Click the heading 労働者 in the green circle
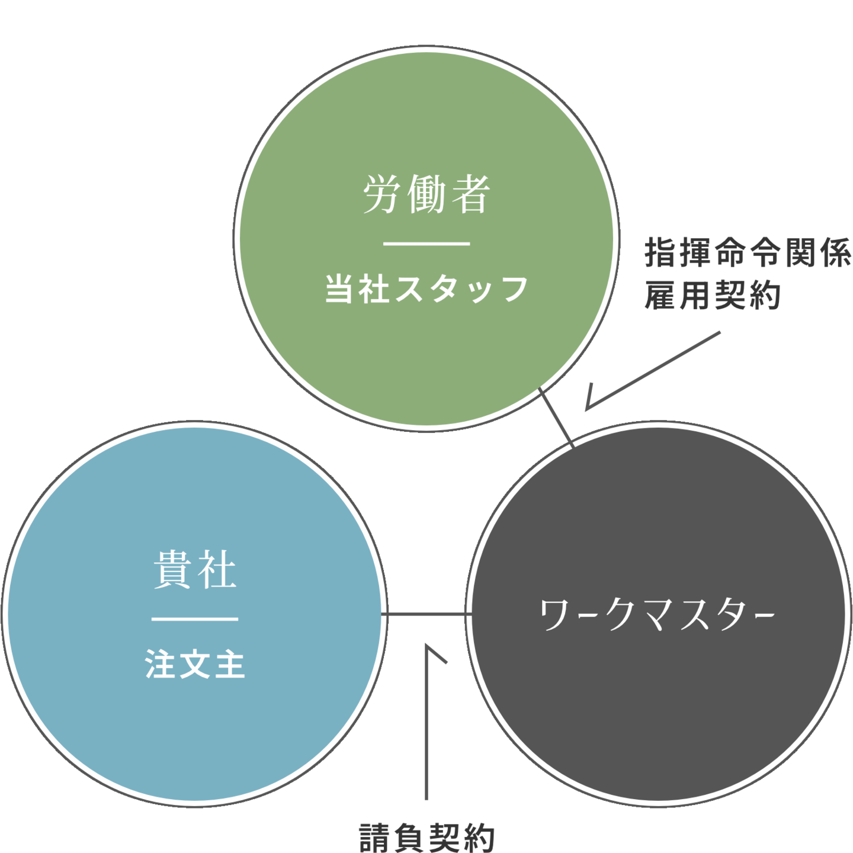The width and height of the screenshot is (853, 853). coord(426,194)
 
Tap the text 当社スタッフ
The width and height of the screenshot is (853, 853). coord(426,290)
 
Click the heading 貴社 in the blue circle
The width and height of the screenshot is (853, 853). coord(195,570)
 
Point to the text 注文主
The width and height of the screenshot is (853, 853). coord(195,664)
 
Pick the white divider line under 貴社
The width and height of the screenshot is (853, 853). coord(195,619)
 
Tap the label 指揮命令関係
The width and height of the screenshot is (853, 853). coord(748,254)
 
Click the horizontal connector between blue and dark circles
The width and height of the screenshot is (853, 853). coord(425,614)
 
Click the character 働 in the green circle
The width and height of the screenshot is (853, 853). coord(426,194)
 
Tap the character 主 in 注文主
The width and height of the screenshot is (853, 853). coord(230,664)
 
